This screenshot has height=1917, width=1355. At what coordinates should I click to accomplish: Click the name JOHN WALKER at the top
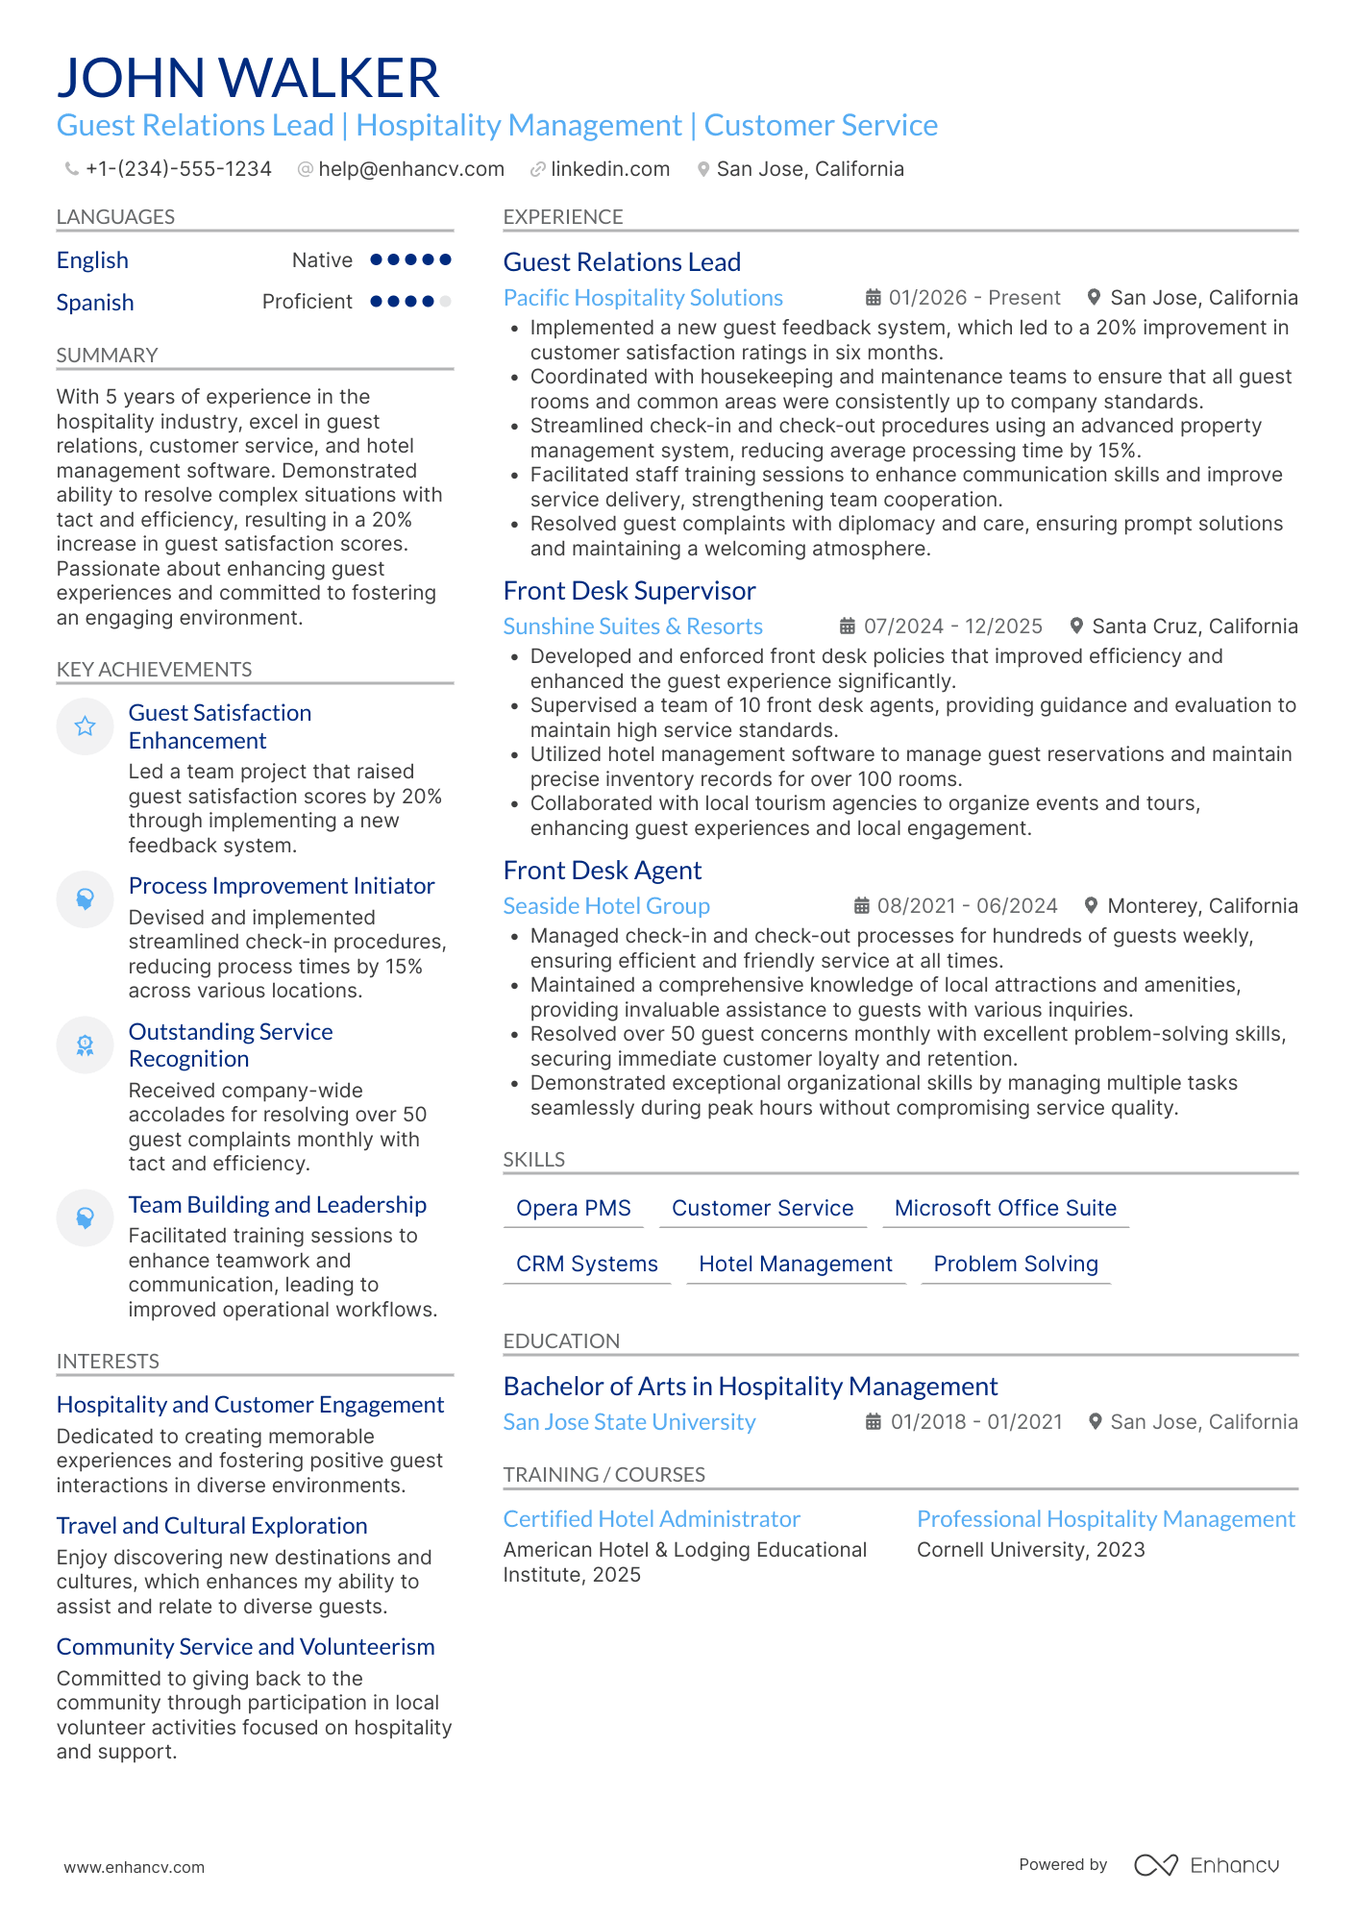248,78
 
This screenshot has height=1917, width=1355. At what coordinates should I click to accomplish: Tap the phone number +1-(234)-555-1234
178,169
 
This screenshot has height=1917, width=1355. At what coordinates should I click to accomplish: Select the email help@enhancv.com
410,169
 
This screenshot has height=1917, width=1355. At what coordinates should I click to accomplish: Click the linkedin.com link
609,169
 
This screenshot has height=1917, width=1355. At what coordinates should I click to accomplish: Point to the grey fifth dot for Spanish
445,302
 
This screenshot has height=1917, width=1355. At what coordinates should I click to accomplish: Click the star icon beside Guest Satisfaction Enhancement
85,726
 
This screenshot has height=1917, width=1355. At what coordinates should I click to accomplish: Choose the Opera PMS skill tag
573,1209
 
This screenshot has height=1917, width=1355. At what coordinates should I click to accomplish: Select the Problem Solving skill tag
1015,1265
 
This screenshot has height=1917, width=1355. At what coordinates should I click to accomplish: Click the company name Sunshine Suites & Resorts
632,627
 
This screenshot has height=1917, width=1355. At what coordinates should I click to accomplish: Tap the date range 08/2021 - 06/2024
966,906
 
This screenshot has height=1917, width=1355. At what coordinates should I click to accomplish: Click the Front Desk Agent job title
602,871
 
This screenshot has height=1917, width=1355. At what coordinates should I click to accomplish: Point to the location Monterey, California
1201,906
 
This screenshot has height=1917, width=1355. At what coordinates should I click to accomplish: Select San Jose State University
628,1422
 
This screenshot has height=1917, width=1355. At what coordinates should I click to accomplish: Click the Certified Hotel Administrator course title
651,1519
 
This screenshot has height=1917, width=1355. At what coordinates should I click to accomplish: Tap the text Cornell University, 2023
1030,1550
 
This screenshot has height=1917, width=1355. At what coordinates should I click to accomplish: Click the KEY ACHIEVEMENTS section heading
154,670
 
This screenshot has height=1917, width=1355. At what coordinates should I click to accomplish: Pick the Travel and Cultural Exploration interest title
211,1526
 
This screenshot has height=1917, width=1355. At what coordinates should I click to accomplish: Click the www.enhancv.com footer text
134,1867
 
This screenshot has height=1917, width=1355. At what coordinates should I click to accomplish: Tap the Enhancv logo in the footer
1206,1865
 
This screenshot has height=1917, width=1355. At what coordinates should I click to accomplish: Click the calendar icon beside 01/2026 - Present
873,298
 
